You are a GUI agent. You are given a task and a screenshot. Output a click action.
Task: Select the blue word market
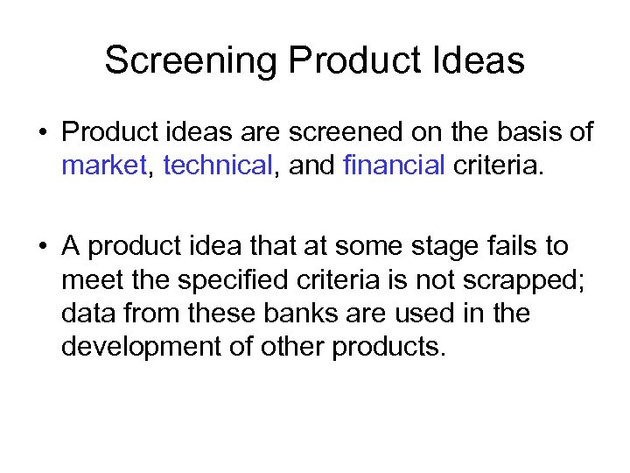pyautogui.click(x=103, y=166)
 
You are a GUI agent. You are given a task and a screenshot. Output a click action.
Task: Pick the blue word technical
pyautogui.click(x=218, y=166)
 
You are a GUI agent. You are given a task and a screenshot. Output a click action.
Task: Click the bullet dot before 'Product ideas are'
pyautogui.click(x=42, y=134)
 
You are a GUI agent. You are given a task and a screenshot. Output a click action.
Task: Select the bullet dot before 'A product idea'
pyautogui.click(x=42, y=248)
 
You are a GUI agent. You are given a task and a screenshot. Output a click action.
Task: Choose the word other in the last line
pyautogui.click(x=298, y=347)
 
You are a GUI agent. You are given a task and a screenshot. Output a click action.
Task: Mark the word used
pyautogui.click(x=420, y=314)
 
